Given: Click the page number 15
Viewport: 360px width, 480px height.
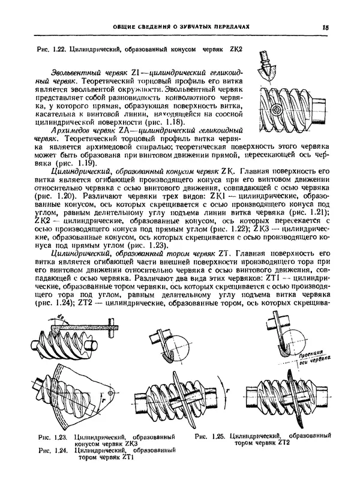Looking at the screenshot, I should (325, 27).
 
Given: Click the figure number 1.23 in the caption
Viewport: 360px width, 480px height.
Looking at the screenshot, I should (61, 437).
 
